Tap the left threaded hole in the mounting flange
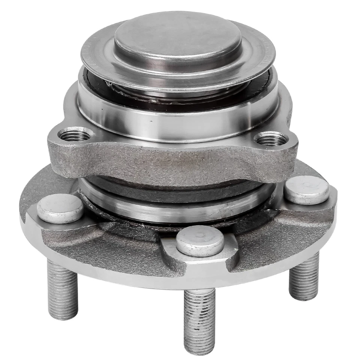pos(75,134)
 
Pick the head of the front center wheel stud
pos(200,240)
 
